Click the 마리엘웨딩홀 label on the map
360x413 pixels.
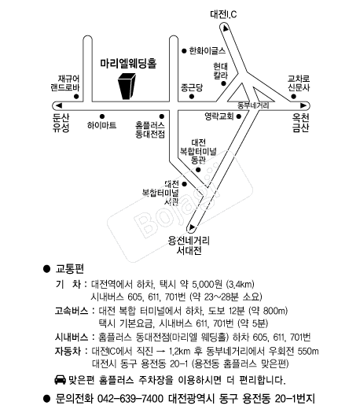(x=128, y=63)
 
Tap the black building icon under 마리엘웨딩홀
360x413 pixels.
(x=127, y=86)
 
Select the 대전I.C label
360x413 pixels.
(x=223, y=14)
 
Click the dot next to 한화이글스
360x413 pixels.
(x=184, y=51)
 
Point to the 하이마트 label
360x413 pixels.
(x=102, y=125)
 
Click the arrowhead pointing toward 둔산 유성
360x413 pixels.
(x=59, y=105)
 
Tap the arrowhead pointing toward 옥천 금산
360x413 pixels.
(x=303, y=105)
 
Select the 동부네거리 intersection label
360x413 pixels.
(x=253, y=105)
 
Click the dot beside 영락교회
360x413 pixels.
(x=239, y=116)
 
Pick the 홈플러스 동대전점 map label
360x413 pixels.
(x=150, y=130)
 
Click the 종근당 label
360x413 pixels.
(x=192, y=87)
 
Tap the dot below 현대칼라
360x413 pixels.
(x=223, y=83)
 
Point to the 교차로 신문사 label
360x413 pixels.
(x=299, y=83)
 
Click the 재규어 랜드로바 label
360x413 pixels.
(x=65, y=83)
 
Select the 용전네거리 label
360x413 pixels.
(x=189, y=241)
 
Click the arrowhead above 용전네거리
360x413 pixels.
(x=192, y=227)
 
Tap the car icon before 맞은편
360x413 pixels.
(x=60, y=379)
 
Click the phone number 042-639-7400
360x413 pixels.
(x=130, y=399)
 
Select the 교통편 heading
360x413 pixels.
(x=69, y=269)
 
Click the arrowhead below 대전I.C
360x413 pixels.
(x=226, y=28)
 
